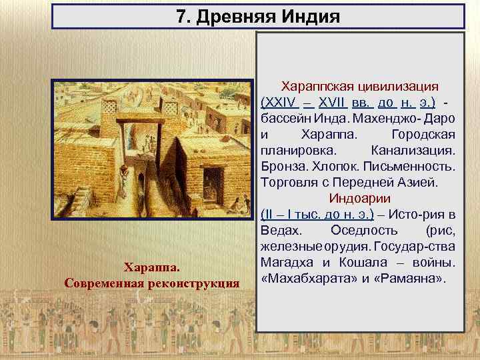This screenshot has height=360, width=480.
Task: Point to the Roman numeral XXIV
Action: coord(279,103)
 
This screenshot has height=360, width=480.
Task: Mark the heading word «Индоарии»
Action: coord(360,199)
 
